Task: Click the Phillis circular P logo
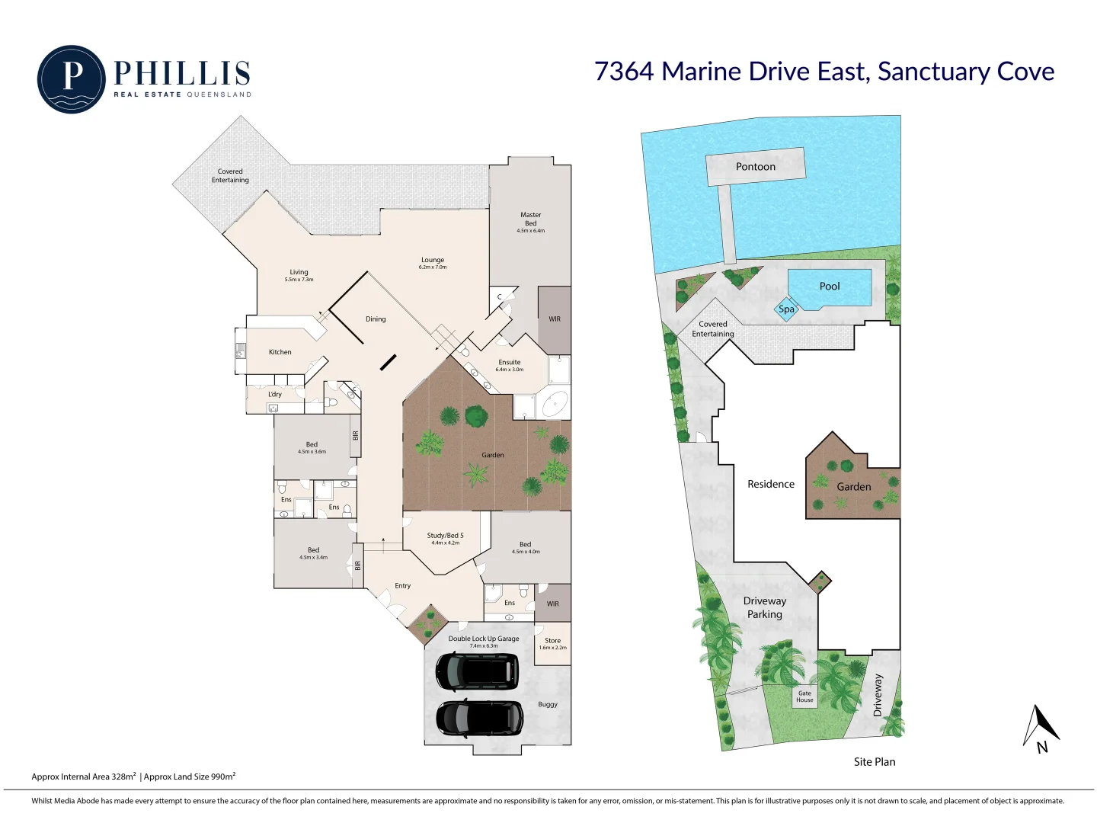tap(71, 78)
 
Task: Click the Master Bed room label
tap(530, 219)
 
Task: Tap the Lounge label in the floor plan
tap(433, 261)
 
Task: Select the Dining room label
tap(376, 319)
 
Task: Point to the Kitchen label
tap(280, 352)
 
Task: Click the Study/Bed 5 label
tap(445, 536)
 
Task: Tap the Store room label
tap(552, 641)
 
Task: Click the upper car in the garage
tap(477, 671)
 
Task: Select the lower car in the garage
tap(479, 719)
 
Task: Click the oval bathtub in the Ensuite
tap(555, 404)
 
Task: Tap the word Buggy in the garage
tap(548, 704)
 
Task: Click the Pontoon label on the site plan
tap(755, 167)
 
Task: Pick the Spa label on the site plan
tap(786, 309)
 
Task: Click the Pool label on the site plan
tap(830, 287)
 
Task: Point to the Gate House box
tap(804, 697)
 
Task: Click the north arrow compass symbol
tap(1039, 729)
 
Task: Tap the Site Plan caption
tap(875, 761)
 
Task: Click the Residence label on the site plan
tap(770, 484)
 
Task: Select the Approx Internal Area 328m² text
tap(84, 777)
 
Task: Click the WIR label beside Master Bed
tap(555, 319)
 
